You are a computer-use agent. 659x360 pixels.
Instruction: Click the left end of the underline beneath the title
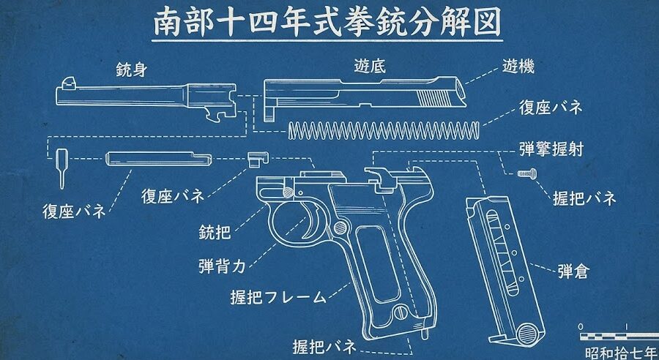[152, 41]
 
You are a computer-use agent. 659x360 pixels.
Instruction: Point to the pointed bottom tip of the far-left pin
[62, 189]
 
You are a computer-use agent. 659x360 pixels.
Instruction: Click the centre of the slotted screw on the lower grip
[399, 311]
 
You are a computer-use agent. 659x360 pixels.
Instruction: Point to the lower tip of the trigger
[305, 238]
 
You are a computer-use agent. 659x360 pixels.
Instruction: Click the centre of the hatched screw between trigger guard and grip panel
[340, 228]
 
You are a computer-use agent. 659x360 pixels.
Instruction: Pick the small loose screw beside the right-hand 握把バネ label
[527, 172]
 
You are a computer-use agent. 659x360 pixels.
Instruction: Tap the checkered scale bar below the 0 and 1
[619, 337]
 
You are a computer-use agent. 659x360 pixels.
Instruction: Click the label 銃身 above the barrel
[132, 70]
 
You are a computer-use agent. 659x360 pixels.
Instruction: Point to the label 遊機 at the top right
[518, 66]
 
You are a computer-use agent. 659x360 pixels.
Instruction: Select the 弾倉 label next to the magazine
[573, 271]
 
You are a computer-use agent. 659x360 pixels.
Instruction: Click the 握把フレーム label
[278, 297]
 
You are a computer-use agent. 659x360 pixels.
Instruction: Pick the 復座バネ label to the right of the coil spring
[551, 107]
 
